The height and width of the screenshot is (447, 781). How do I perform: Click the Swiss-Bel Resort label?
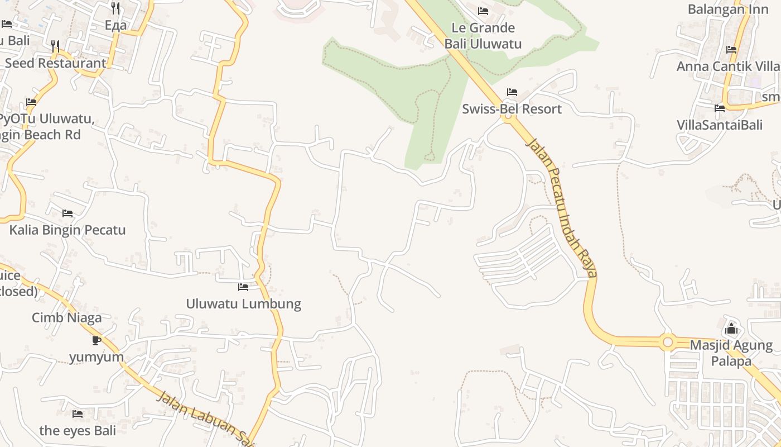coord(512,109)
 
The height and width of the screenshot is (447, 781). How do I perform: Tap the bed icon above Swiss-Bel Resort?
coord(512,92)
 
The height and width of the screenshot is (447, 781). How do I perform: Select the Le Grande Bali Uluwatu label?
coord(483,36)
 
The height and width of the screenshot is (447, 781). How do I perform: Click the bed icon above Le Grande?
coord(483,11)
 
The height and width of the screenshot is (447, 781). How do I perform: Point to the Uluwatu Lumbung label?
coord(243,304)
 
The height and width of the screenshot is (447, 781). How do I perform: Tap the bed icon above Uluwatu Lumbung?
coord(243,287)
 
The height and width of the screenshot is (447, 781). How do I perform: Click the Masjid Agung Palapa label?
coord(731,353)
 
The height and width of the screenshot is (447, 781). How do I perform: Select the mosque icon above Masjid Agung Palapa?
coord(731,328)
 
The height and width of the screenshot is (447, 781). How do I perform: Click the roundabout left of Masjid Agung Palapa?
coord(668,341)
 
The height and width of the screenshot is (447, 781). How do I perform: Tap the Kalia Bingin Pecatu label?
coord(68,230)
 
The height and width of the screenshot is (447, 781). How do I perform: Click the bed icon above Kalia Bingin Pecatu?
coord(68,213)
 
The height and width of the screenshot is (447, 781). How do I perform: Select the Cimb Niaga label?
coord(66,318)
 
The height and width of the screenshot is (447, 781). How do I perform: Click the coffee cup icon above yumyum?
coord(97,340)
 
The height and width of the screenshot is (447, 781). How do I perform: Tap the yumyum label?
coord(97,356)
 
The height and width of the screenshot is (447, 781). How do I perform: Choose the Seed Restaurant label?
coord(55,63)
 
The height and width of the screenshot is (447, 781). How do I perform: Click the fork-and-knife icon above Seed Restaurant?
coord(55,46)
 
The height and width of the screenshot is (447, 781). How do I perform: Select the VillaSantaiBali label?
coord(720,125)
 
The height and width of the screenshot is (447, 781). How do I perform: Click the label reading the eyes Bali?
coord(78,431)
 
